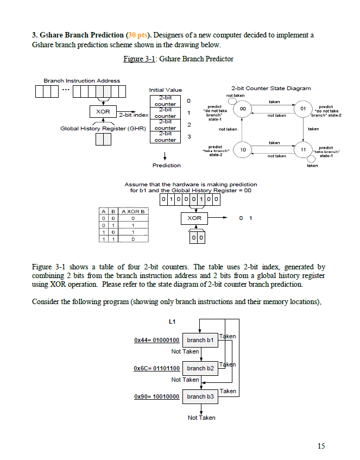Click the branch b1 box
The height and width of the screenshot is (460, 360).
pyautogui.click(x=200, y=341)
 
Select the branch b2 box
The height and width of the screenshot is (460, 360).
pyautogui.click(x=200, y=368)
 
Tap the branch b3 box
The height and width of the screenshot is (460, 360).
pyautogui.click(x=200, y=396)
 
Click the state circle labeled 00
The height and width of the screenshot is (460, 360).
pyautogui.click(x=243, y=109)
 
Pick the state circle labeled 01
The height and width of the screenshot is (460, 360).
pyautogui.click(x=303, y=109)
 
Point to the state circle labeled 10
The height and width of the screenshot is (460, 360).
pyautogui.click(x=243, y=149)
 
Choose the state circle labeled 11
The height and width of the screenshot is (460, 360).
pyautogui.click(x=303, y=149)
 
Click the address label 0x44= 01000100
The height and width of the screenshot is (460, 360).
pyautogui.click(x=157, y=341)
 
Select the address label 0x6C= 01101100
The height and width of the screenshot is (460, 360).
pyautogui.click(x=157, y=368)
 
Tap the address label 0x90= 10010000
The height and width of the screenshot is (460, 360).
pyautogui.click(x=157, y=396)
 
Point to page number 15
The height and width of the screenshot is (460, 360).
pyautogui.click(x=321, y=446)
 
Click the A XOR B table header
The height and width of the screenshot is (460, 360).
pyautogui.click(x=133, y=211)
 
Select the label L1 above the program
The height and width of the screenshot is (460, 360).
pyautogui.click(x=172, y=322)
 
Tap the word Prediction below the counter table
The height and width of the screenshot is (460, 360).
pyautogui.click(x=166, y=166)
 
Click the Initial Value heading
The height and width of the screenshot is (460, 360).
pyautogui.click(x=165, y=90)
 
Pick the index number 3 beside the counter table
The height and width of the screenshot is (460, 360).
pyautogui.click(x=190, y=137)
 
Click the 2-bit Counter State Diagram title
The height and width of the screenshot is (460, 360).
pyautogui.click(x=271, y=89)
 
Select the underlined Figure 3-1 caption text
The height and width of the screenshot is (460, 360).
pyautogui.click(x=139, y=59)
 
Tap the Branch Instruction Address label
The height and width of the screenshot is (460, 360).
pyautogui.click(x=81, y=81)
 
